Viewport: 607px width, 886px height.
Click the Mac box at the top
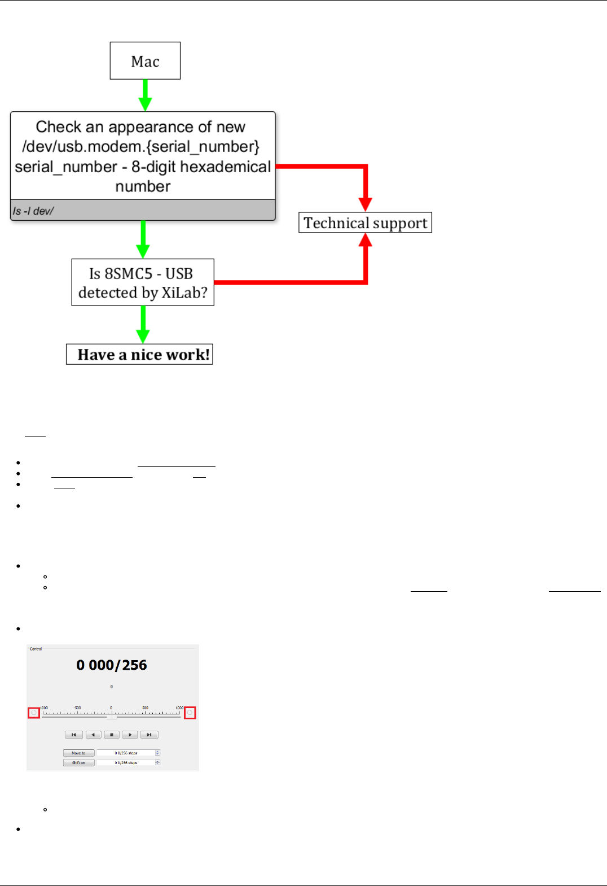click(x=145, y=60)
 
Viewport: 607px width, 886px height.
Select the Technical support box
click(x=365, y=222)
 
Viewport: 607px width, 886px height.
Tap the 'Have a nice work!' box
click(x=139, y=354)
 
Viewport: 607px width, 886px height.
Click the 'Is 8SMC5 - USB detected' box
click(x=143, y=282)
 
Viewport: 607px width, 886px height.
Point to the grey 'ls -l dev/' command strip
click(x=143, y=211)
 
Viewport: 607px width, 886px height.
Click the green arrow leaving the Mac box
click(x=145, y=94)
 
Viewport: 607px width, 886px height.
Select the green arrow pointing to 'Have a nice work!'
click(x=143, y=324)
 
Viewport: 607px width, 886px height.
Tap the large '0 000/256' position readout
click(x=112, y=665)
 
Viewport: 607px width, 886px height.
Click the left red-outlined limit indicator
click(x=34, y=713)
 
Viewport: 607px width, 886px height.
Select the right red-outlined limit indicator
click(x=190, y=713)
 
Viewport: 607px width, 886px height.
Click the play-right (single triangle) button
click(x=130, y=735)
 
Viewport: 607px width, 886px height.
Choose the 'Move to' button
click(x=78, y=753)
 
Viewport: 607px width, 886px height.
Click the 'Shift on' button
click(x=78, y=762)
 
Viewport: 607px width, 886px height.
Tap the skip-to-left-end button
click(x=73, y=735)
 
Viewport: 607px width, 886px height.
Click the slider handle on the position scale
click(x=112, y=716)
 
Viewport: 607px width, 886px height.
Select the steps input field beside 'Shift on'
click(x=126, y=762)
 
